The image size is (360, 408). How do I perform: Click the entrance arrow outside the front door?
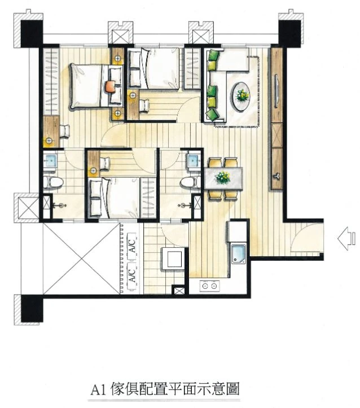click(346, 239)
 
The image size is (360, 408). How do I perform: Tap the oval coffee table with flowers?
click(241, 97)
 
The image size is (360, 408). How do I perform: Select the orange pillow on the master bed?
click(110, 86)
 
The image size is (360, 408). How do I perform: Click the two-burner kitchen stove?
click(209, 286)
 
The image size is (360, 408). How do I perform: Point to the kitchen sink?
click(239, 254)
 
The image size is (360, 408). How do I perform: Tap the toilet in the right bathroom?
click(190, 182)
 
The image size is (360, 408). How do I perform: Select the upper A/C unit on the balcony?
click(131, 245)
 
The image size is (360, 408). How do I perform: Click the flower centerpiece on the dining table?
click(223, 178)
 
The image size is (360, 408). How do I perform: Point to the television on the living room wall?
click(276, 90)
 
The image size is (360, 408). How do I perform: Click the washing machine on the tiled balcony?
click(173, 259)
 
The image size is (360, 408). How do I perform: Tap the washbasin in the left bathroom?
click(50, 161)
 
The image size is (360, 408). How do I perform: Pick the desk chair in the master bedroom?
click(65, 131)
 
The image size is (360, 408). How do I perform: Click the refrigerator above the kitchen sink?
click(237, 231)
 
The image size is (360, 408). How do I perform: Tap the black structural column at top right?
click(290, 33)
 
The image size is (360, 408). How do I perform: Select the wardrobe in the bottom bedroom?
click(148, 198)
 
